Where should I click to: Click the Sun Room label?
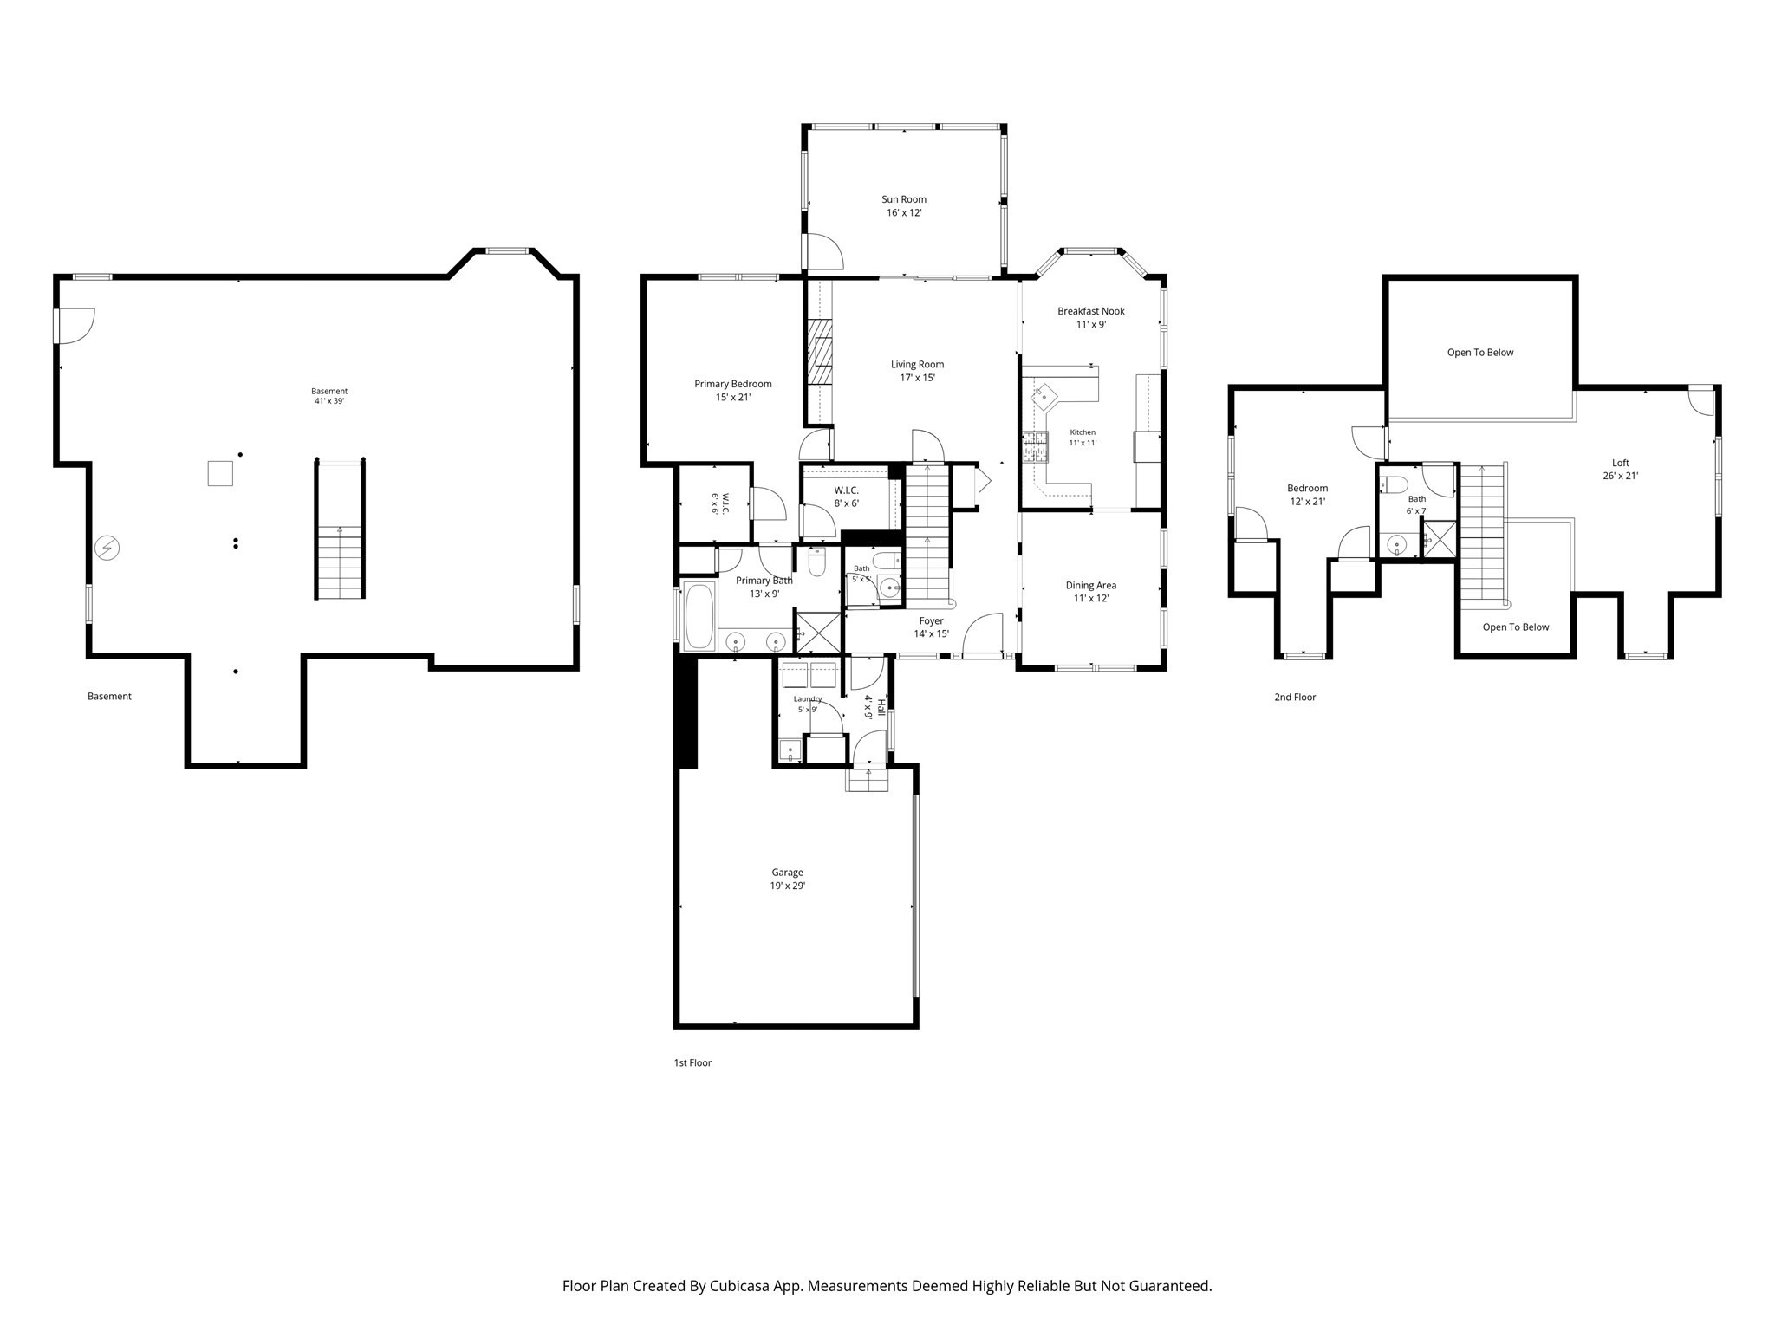pos(904,199)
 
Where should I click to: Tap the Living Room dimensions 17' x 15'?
pos(917,378)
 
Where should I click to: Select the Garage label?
pos(788,873)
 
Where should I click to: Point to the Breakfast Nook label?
pos(1091,311)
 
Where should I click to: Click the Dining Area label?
pos(1091,585)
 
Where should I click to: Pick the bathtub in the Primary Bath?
pos(699,616)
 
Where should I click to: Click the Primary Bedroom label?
pos(733,384)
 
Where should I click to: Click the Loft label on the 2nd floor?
pos(1621,463)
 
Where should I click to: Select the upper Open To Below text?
pos(1480,353)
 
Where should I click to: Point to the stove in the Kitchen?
pos(1035,448)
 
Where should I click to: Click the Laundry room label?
pos(808,698)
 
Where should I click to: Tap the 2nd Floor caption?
pos(1295,697)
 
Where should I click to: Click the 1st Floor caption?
pos(692,1062)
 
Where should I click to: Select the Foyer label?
pos(932,620)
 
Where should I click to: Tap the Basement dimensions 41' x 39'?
pos(329,401)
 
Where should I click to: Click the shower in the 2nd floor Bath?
pos(1440,538)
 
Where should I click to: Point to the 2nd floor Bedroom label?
pos(1308,488)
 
